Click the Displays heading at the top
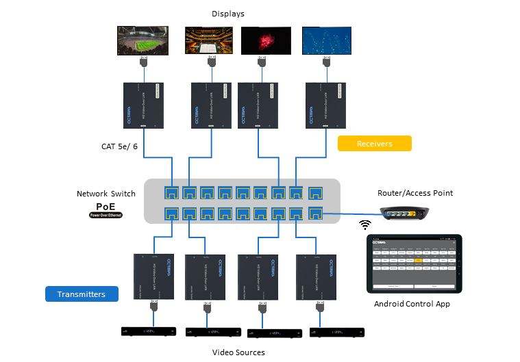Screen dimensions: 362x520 [227, 14]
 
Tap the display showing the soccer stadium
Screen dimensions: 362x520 [143, 40]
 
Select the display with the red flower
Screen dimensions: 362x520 [266, 40]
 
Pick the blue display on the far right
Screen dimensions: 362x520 [326, 40]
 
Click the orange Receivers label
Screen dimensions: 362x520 [375, 144]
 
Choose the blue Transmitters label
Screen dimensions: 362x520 [82, 294]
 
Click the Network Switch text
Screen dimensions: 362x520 [106, 194]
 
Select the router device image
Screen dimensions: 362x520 [405, 214]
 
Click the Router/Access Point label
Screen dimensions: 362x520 [415, 193]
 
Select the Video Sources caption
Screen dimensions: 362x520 [238, 352]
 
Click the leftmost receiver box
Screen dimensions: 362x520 [143, 105]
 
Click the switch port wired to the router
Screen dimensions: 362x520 [315, 214]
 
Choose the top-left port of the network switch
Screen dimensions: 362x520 [171, 192]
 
